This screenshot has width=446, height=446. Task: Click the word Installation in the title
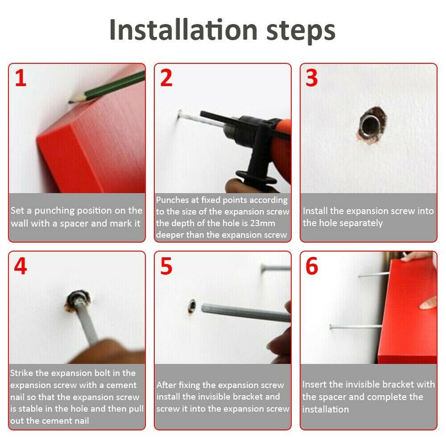pos(183,30)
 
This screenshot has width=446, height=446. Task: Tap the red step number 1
pos(21,78)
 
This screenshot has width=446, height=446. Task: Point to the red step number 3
pos(311,78)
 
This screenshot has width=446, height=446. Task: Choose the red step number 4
pos(21,266)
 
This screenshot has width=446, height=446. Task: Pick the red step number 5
pos(166,266)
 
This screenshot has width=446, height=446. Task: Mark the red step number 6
pos(312,266)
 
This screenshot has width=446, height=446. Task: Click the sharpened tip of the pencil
pos(69,102)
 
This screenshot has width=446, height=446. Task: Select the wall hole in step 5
pos(192,306)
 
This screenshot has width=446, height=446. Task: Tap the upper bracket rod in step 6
pos(373,275)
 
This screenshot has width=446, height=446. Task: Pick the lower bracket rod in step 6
pos(355,326)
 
